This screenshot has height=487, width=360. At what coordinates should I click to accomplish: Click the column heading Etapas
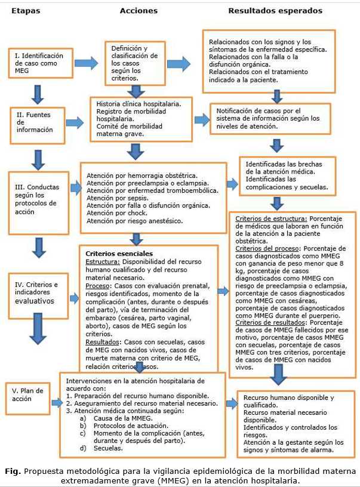[23, 11]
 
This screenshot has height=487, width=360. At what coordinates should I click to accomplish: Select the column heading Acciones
[139, 11]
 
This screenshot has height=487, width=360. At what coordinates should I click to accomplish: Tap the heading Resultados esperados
[275, 11]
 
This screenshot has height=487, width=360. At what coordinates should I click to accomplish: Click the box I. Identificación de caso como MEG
[40, 64]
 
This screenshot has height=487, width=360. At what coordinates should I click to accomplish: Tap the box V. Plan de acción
[28, 394]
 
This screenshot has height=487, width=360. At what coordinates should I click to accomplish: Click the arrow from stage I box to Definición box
[86, 62]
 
